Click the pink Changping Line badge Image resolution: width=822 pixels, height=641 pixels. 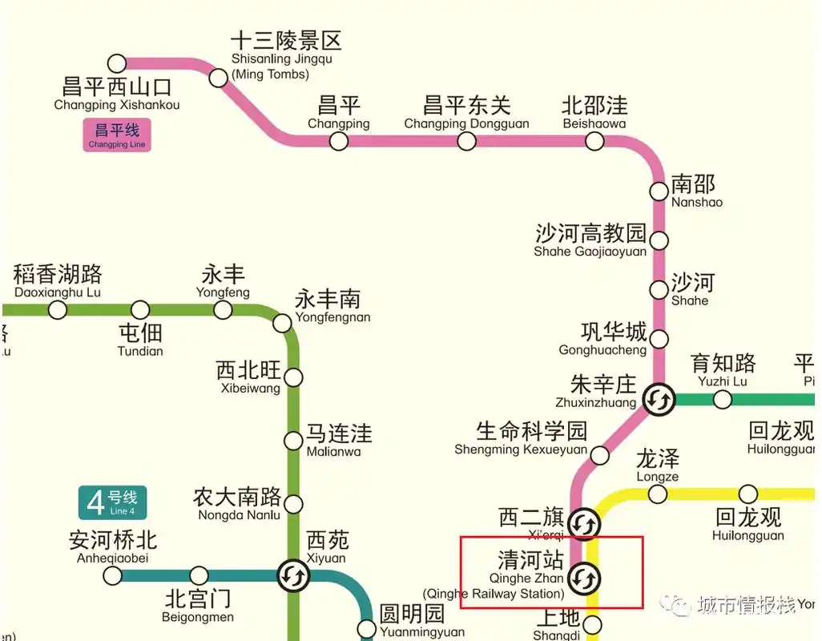pyautogui.click(x=117, y=135)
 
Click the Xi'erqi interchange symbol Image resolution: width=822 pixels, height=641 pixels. pyautogui.click(x=584, y=523)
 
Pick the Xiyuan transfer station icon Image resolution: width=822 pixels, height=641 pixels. pyautogui.click(x=293, y=574)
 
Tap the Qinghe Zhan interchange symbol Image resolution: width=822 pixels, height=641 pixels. pyautogui.click(x=584, y=577)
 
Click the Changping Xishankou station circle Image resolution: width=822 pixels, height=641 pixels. pyautogui.click(x=117, y=63)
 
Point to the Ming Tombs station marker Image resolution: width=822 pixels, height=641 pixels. pyautogui.click(x=218, y=78)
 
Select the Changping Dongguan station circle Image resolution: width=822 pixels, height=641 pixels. pyautogui.click(x=466, y=141)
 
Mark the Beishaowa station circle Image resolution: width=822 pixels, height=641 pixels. pyautogui.click(x=594, y=141)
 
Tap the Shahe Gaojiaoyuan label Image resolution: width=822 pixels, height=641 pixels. pyautogui.click(x=590, y=240)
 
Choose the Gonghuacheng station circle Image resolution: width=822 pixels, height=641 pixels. pyautogui.click(x=659, y=338)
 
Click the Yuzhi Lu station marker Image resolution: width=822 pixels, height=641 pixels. pyautogui.click(x=722, y=399)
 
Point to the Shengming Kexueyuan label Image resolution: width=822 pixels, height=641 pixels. pyautogui.click(x=521, y=439)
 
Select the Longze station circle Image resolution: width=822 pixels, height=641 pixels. pyautogui.click(x=657, y=494)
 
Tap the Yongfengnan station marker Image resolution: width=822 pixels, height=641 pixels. pyautogui.click(x=282, y=323)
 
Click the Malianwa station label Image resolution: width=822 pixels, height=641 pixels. pyautogui.click(x=339, y=441)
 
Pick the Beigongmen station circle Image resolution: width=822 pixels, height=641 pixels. pyautogui.click(x=199, y=575)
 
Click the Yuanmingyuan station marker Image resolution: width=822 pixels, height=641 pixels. pyautogui.click(x=366, y=629)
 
